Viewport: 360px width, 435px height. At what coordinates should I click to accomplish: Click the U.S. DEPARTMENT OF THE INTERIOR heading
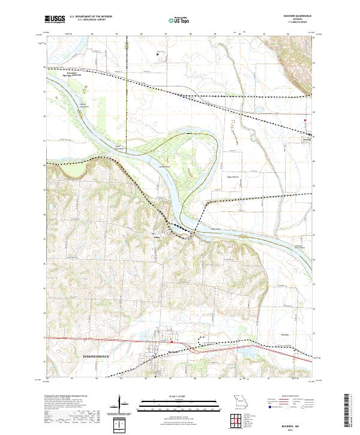pos(91,16)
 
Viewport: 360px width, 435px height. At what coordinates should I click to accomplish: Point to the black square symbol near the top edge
pos(158,54)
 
